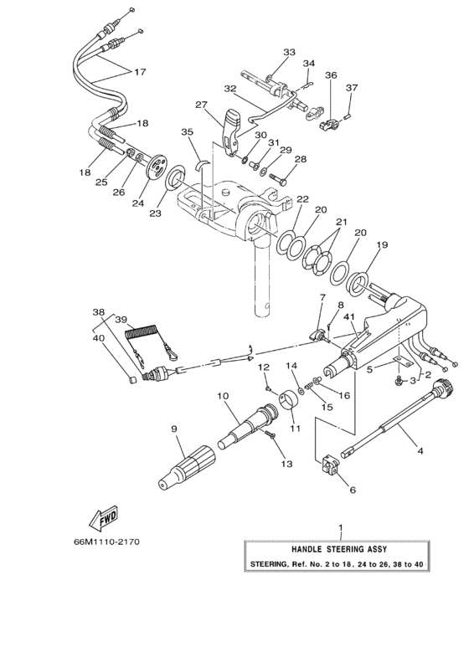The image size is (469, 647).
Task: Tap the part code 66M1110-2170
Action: [106, 542]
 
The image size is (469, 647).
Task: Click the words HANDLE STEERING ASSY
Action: [339, 549]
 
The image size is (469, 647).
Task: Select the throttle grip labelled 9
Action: [187, 467]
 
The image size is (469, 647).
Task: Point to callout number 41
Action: [349, 317]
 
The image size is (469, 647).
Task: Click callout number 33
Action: [290, 52]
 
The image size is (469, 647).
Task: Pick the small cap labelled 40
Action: [132, 380]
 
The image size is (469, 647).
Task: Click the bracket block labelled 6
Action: [330, 465]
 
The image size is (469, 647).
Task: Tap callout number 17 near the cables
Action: [140, 72]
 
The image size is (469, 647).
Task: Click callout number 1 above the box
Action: [341, 527]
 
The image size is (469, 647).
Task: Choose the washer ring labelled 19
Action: [357, 284]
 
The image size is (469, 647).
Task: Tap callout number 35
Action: [187, 131]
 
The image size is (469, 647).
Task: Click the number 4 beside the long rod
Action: [420, 451]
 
